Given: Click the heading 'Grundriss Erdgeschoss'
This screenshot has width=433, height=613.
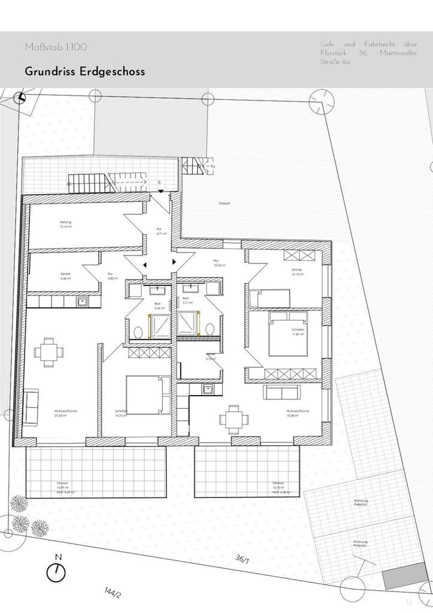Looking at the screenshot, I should (x=84, y=71).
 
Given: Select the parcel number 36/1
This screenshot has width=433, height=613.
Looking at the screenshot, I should (x=242, y=559).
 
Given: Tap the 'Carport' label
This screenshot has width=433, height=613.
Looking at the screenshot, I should (x=224, y=204).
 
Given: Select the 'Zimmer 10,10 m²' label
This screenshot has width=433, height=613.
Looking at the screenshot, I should (x=297, y=272).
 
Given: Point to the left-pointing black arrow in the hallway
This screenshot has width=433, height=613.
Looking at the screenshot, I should (x=143, y=264).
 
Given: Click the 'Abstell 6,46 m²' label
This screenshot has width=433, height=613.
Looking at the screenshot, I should (x=65, y=277).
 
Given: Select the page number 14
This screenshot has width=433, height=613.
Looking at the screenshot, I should (x=409, y=602).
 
